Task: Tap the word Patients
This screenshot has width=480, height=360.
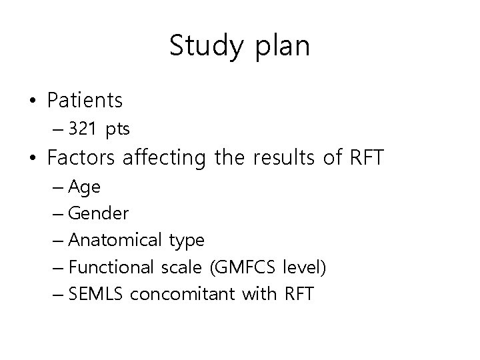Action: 85,101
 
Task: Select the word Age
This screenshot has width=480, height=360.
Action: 85,188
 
